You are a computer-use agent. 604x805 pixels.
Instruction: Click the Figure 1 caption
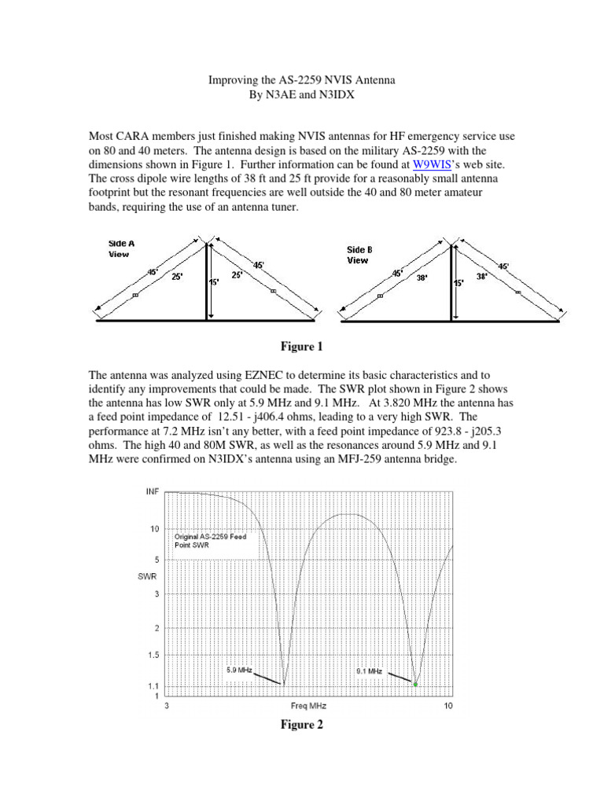pyautogui.click(x=302, y=347)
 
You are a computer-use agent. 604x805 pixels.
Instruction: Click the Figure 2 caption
pyautogui.click(x=302, y=725)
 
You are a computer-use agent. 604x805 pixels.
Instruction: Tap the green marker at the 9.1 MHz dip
pyautogui.click(x=415, y=685)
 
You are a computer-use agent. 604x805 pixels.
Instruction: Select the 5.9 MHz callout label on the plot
pyautogui.click(x=239, y=671)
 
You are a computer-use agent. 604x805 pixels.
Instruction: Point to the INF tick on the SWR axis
pyautogui.click(x=152, y=491)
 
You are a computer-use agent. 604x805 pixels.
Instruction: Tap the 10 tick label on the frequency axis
pyautogui.click(x=448, y=706)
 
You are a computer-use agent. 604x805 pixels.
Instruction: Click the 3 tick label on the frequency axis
pyautogui.click(x=167, y=706)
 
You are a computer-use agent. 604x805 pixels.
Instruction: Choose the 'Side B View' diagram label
pyautogui.click(x=359, y=255)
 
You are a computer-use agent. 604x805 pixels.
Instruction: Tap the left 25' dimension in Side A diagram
pyautogui.click(x=179, y=276)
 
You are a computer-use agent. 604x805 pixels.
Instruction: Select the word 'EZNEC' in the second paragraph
pyautogui.click(x=244, y=376)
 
